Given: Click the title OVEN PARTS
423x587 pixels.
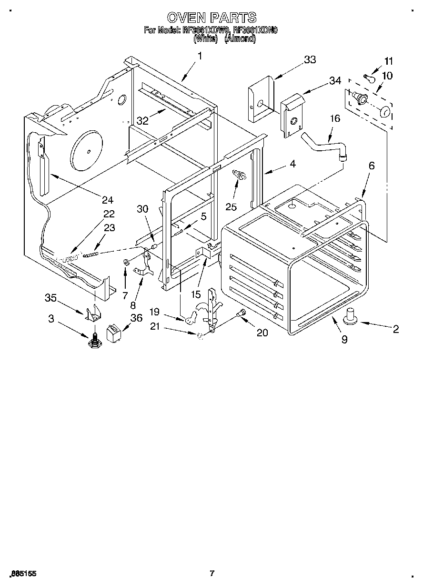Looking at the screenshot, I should point(211,18).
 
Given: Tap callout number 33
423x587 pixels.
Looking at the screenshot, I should point(310,59).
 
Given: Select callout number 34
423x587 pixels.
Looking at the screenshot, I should point(335,81).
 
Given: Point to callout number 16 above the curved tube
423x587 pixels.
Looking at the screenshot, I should point(335,118).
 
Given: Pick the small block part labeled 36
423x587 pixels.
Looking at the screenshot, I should point(114,333).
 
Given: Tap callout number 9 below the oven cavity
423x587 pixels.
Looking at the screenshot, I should point(344,339).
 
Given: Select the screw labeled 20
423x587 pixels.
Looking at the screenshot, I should point(241,313).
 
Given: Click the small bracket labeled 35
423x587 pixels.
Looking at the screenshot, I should point(95,313).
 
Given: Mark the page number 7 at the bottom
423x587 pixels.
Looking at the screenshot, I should point(212,573).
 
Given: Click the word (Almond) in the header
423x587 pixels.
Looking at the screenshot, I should point(240,39).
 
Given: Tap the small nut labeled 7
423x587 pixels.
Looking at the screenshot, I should point(126,262).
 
